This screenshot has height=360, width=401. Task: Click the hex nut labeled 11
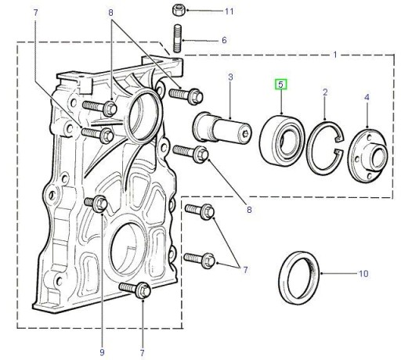point(179,10)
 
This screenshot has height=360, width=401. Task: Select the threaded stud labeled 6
point(177,38)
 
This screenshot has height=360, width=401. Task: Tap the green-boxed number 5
point(280,85)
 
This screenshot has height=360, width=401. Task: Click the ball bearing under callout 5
point(282,140)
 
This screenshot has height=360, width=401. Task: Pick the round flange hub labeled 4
point(367,155)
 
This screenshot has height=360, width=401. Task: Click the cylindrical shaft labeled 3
point(222,128)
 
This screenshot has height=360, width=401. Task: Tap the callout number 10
point(363,274)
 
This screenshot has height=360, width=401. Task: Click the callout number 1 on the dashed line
point(335,55)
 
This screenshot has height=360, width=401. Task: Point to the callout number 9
point(102,353)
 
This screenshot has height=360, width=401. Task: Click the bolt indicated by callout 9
point(96,203)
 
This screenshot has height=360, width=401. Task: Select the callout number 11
point(229,11)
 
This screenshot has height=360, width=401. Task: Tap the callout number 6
point(224,40)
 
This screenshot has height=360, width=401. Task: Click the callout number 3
point(230,77)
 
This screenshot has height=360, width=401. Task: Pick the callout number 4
point(367,97)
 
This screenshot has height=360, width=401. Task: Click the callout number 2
point(325,92)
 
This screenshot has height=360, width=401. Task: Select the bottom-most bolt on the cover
point(135,290)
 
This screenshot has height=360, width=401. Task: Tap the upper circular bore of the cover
point(143,117)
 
